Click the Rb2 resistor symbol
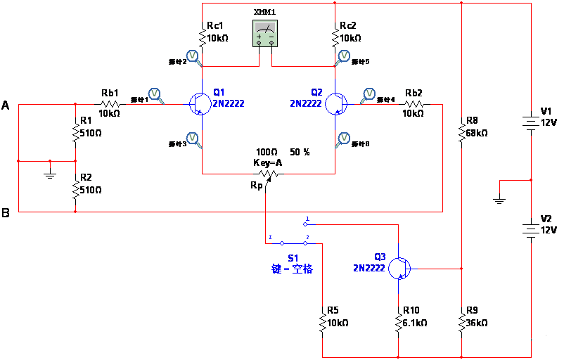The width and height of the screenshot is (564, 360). click(x=414, y=104)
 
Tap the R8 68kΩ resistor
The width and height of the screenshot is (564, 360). click(x=461, y=132)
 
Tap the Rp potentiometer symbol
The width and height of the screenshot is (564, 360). click(x=267, y=173)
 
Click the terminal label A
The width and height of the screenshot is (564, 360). click(x=6, y=105)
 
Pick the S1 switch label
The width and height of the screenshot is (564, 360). click(x=293, y=257)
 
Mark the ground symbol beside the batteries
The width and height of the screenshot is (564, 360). click(x=499, y=200)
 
